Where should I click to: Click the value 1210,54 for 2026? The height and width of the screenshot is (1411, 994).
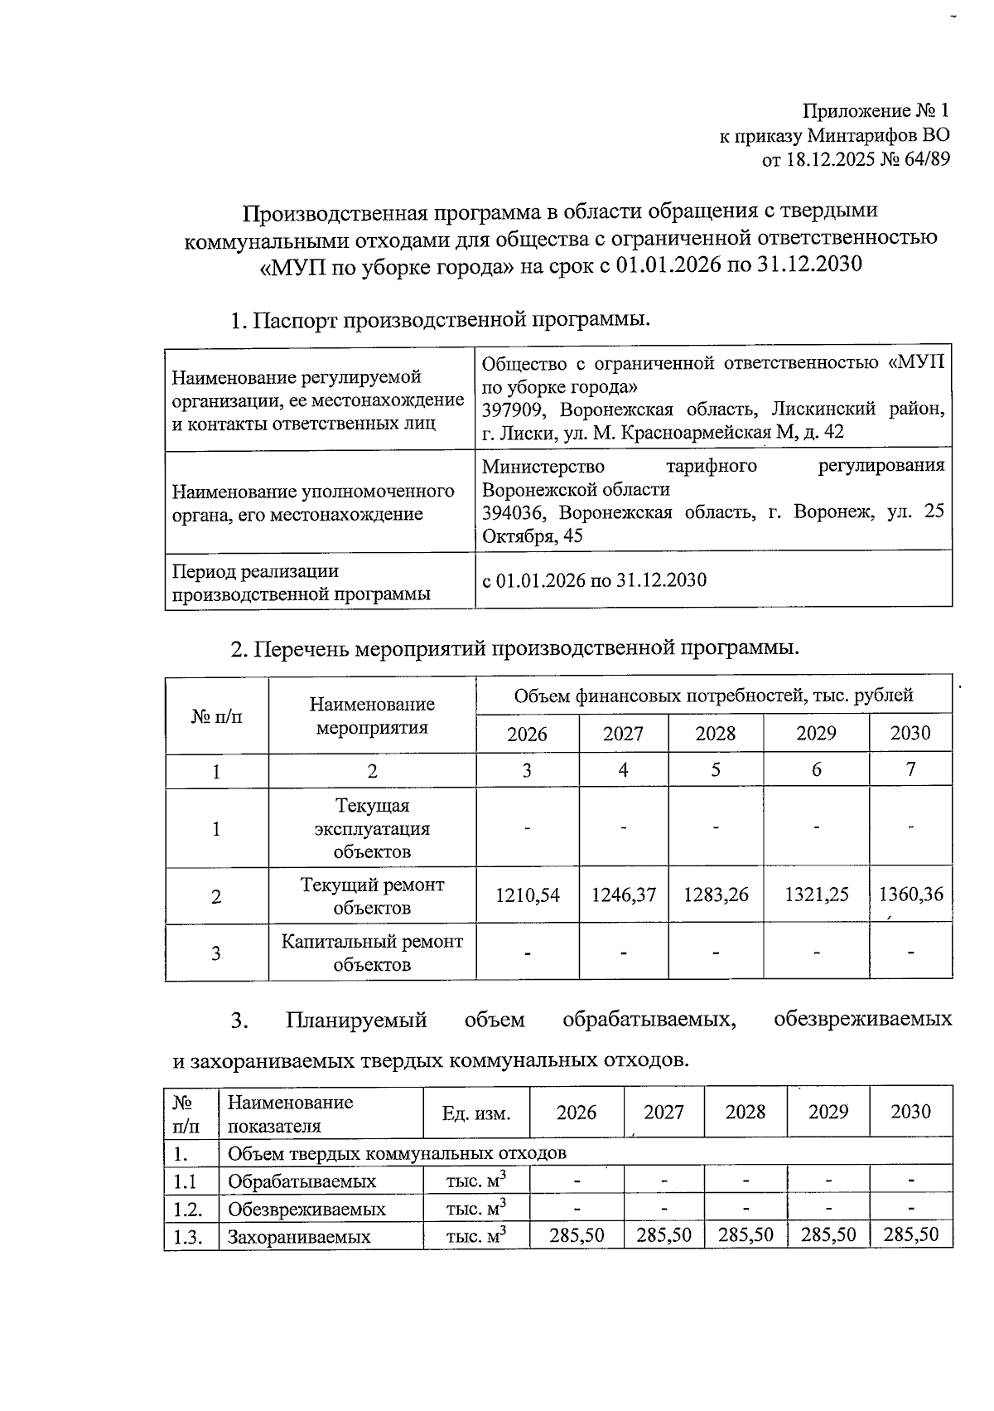point(527,895)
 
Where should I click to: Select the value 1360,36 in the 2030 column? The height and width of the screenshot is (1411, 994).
point(910,895)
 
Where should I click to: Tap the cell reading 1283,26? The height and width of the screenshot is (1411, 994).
point(716,895)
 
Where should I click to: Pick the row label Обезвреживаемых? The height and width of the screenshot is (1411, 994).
point(306,1210)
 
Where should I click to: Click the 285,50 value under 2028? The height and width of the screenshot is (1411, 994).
point(745,1235)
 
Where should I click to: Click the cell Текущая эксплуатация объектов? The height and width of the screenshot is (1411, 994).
point(372,828)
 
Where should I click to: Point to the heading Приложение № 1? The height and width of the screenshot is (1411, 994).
point(875,111)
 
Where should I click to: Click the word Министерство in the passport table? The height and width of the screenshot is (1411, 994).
point(543,466)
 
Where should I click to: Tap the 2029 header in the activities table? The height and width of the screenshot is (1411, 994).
point(816,734)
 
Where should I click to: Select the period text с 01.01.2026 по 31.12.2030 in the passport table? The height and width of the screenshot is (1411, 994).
point(594,580)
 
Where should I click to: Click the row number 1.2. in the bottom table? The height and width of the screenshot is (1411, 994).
point(190,1209)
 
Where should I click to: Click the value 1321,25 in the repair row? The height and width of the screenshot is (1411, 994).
point(816,895)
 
